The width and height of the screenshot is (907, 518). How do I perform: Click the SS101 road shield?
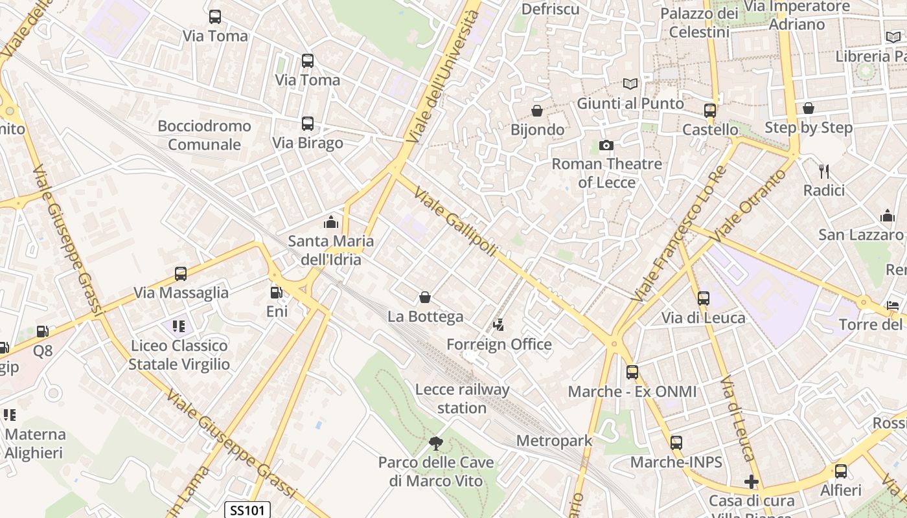247,510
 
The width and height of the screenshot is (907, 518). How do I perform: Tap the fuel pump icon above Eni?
277,293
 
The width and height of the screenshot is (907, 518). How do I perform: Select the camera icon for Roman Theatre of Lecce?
606,145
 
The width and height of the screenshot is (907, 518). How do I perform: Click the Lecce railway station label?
463,399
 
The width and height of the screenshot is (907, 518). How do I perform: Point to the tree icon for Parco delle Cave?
436,444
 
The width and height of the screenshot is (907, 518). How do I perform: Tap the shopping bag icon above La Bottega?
425,297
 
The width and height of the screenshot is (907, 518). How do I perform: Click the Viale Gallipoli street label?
455,221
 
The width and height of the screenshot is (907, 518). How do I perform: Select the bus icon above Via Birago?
308,124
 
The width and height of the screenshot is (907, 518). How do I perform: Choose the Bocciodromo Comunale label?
204,135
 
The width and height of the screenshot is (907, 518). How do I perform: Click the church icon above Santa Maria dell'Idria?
331,223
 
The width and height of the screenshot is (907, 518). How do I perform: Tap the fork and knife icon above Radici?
824,172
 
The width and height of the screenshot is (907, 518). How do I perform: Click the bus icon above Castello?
710,111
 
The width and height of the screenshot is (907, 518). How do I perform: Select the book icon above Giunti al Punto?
630,84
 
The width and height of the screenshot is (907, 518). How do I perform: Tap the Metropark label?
554,441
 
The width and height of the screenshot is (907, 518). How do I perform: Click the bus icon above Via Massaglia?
181,274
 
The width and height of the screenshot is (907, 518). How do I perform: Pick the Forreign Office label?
499,344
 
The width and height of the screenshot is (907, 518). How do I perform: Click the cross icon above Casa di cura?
752,482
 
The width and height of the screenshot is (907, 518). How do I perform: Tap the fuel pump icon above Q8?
43,332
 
